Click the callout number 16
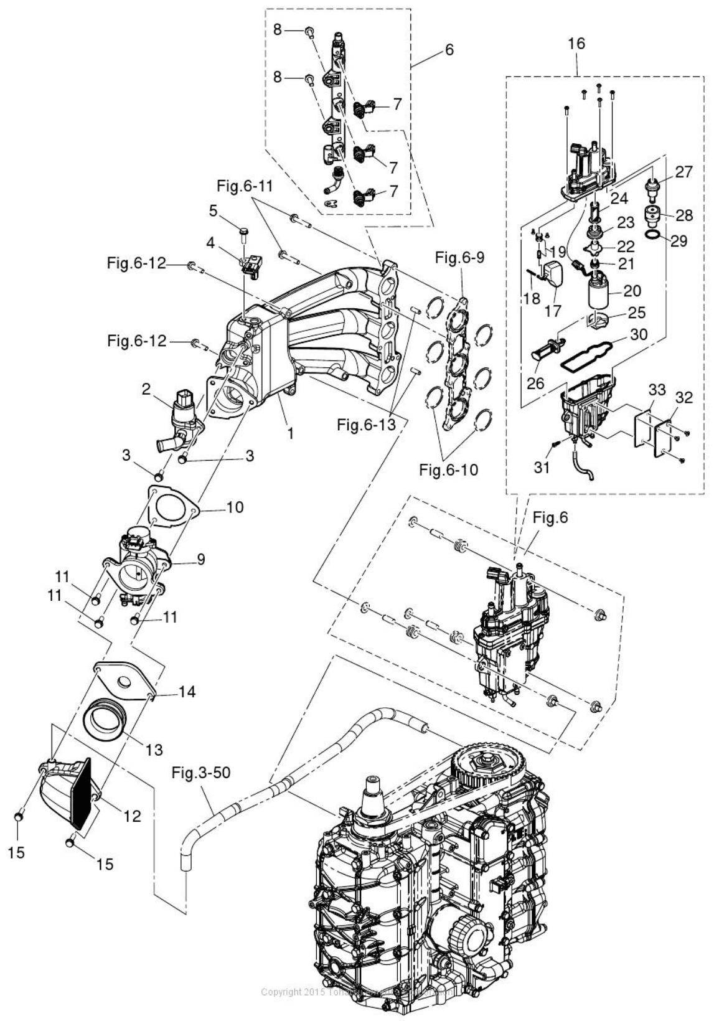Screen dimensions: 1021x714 click(x=576, y=43)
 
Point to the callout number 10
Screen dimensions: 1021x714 click(x=234, y=507)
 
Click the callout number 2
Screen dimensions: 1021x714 click(x=146, y=390)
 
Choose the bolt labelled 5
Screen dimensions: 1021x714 click(x=244, y=235)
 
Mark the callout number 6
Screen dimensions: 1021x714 click(x=449, y=50)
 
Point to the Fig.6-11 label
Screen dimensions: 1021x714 click(x=245, y=186)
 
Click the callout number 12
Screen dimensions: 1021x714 click(x=131, y=816)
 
